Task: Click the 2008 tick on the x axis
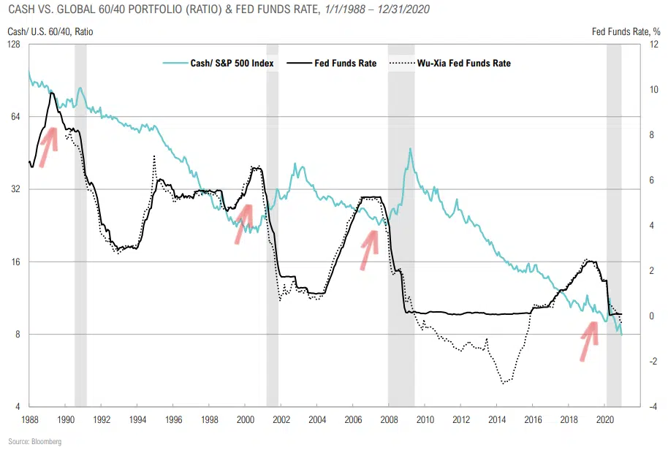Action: click(388, 420)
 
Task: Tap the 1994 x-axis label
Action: click(137, 420)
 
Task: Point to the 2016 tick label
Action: click(533, 420)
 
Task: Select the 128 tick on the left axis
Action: click(15, 45)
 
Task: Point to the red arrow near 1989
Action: click(48, 146)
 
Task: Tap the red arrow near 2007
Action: click(370, 249)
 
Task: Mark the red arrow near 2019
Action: click(589, 340)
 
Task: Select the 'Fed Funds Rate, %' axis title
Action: click(627, 31)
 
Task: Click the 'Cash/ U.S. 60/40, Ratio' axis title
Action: click(50, 31)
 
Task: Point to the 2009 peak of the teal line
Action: click(411, 149)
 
